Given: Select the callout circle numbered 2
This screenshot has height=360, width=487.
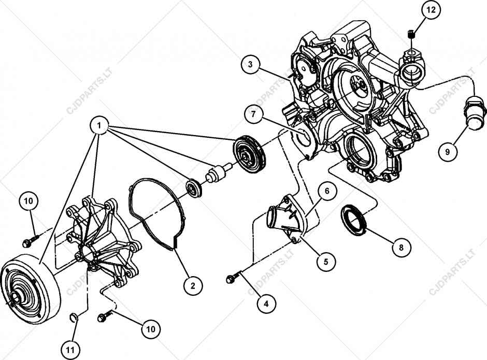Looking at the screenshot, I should (x=192, y=285).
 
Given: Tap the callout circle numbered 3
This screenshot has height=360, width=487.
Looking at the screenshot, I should (x=250, y=65).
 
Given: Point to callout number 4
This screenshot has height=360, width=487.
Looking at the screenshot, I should (x=266, y=304).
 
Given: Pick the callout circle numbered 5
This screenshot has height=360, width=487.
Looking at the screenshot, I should (x=326, y=262).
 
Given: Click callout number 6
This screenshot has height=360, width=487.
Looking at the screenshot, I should (x=327, y=192).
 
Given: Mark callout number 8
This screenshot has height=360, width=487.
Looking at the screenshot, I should (x=401, y=248).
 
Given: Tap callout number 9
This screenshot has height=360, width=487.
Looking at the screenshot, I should (x=447, y=152).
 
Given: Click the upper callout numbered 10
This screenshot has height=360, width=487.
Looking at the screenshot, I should (x=29, y=200).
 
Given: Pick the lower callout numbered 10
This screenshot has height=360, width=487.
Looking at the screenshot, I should (x=150, y=328).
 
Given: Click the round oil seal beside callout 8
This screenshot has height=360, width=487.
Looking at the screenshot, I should (x=353, y=220).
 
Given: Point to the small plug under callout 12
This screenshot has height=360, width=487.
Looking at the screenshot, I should (x=412, y=35).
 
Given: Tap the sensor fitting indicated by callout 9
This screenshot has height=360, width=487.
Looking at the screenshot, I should (x=474, y=111).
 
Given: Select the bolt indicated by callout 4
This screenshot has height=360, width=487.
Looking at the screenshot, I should (x=232, y=279).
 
